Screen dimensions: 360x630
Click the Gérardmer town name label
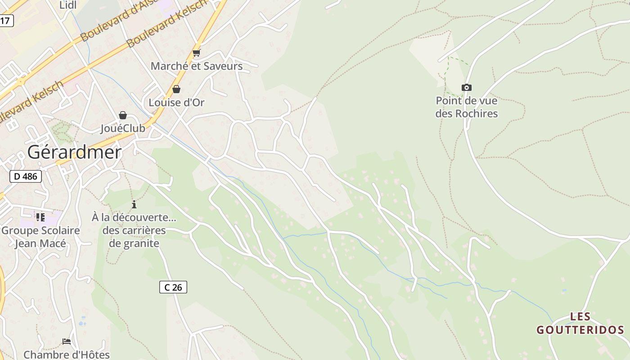[x=74, y=153]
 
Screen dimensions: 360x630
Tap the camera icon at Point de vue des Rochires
[x=467, y=87]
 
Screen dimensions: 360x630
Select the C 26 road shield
[x=173, y=287]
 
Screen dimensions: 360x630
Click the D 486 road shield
[x=26, y=176]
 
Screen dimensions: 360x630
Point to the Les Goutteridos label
[x=580, y=323]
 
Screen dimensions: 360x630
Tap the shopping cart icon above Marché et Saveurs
[x=196, y=53]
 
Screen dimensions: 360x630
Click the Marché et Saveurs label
[x=197, y=66]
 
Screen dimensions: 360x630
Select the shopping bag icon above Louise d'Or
[x=176, y=89]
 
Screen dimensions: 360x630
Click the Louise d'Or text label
[x=176, y=103]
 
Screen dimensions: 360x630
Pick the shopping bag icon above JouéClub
[x=123, y=115]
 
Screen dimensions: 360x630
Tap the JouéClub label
[x=123, y=128]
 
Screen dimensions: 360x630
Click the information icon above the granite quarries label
[x=134, y=204]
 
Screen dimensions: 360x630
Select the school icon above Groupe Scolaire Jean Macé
[x=40, y=218]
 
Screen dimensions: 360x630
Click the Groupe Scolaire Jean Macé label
[x=40, y=237]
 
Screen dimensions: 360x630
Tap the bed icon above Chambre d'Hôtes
[x=67, y=342]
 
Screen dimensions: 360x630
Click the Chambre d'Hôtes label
[x=67, y=355]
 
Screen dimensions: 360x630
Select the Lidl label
[x=68, y=5]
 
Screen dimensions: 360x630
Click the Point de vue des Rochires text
[x=467, y=107]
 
